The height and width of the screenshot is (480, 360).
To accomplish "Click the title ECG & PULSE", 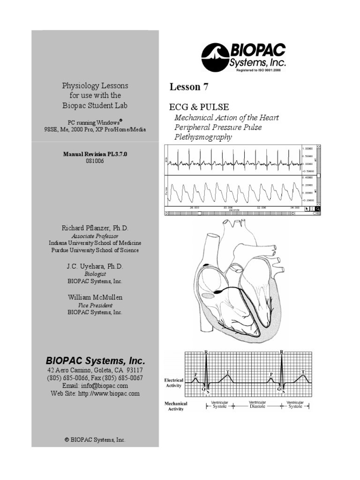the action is click(x=199, y=107).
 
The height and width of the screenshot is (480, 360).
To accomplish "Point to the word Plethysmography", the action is click(x=203, y=137).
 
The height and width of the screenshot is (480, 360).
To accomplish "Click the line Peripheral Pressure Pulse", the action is click(x=218, y=127).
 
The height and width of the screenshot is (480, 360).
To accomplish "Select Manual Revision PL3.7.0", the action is click(x=95, y=153).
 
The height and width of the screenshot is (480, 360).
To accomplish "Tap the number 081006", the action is click(x=95, y=161).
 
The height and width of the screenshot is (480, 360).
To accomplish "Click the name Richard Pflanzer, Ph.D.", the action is click(x=95, y=228).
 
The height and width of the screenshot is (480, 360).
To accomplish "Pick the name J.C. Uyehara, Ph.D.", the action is click(x=95, y=266).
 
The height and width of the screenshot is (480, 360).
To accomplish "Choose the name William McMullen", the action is click(x=95, y=297).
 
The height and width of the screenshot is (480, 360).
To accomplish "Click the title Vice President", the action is click(x=95, y=305).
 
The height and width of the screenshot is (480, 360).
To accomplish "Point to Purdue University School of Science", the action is click(x=95, y=250).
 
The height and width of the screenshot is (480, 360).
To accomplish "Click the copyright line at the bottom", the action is click(x=95, y=440).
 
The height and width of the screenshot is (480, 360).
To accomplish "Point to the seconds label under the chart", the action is click(x=234, y=210).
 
